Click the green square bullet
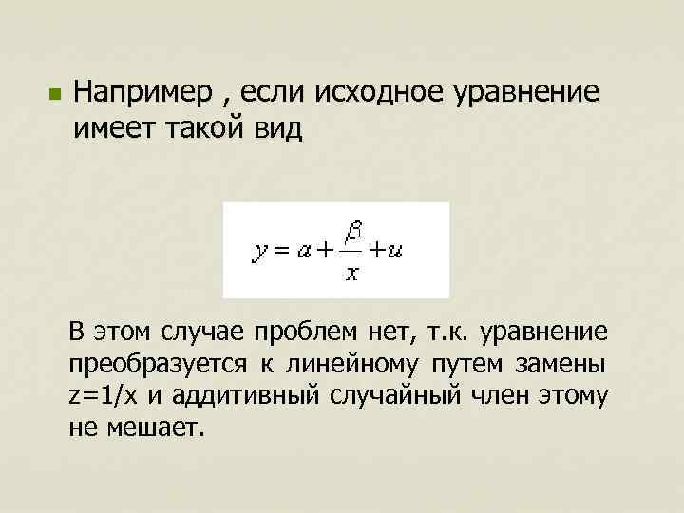(x=54, y=95)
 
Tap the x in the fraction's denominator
(x=351, y=275)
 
